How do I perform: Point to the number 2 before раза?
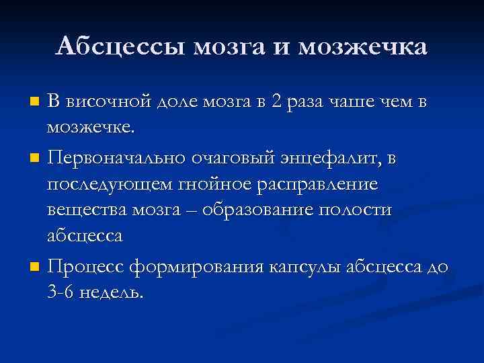click(274, 103)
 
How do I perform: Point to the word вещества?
click(88, 210)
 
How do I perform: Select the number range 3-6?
click(61, 294)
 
